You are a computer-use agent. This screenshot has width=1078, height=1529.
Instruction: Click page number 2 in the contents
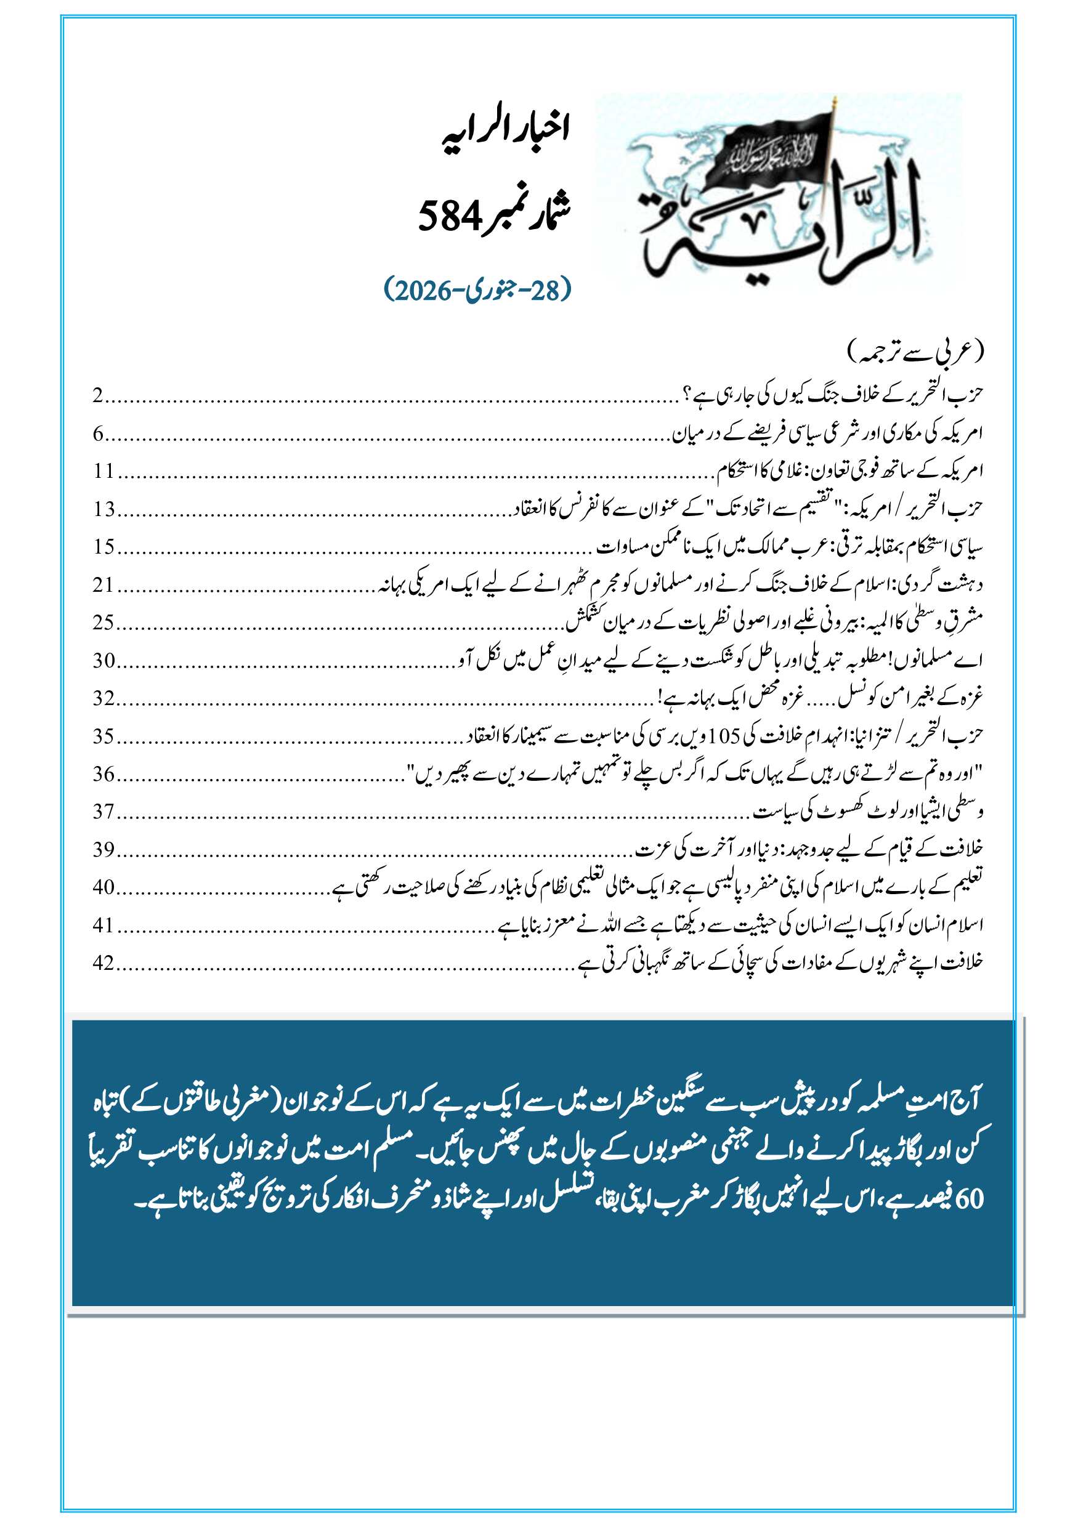click(97, 395)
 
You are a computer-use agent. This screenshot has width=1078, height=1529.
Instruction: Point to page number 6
click(98, 434)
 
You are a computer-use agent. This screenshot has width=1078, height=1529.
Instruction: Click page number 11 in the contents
click(103, 471)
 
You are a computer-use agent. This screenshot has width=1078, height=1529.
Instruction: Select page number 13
click(104, 509)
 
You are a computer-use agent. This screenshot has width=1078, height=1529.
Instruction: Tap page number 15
click(104, 547)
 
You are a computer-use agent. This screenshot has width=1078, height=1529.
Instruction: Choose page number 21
click(104, 585)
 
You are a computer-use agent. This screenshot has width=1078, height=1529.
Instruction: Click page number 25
click(104, 623)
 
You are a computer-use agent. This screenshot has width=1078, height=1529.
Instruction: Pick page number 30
click(104, 661)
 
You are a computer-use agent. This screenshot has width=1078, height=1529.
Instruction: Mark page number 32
click(104, 698)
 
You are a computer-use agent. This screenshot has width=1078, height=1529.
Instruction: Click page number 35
click(104, 736)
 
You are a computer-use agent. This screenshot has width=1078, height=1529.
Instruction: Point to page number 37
click(104, 812)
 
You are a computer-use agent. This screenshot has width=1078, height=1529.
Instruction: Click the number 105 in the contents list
click(724, 736)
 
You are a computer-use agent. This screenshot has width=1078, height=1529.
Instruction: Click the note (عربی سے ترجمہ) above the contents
click(915, 352)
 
